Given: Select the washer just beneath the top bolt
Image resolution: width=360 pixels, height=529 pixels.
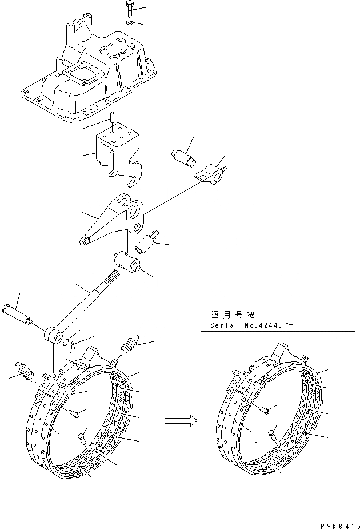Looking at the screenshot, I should [x=131, y=23].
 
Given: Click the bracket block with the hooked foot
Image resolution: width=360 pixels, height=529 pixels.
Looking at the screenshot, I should [x=117, y=152].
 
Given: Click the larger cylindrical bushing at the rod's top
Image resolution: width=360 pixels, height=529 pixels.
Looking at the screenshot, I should [x=128, y=263].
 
